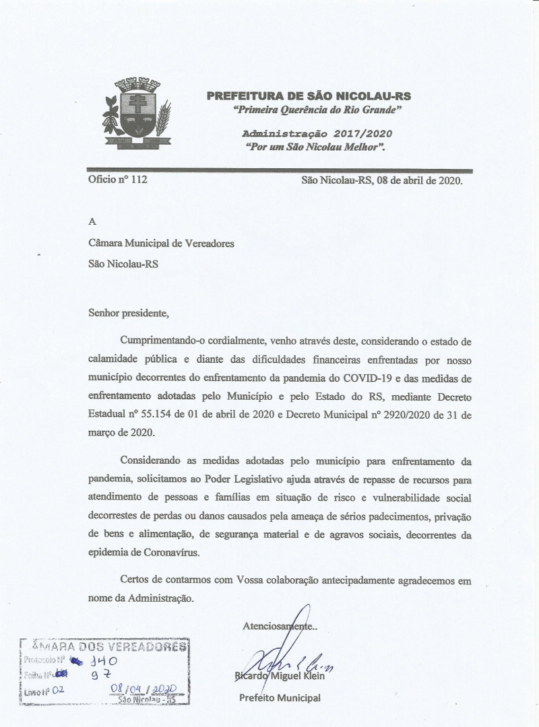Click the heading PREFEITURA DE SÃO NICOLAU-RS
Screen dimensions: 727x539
309,96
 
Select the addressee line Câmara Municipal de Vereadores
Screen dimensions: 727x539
161,244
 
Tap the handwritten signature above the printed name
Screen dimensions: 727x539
283,656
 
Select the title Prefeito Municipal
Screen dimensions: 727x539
280,697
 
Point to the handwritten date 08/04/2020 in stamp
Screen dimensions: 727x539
143,690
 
